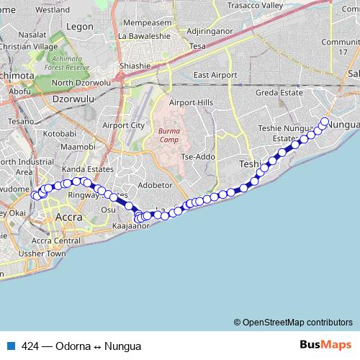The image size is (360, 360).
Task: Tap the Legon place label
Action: [80, 26]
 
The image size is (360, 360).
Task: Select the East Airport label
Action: [215, 75]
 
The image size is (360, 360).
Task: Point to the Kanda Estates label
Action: [84, 169]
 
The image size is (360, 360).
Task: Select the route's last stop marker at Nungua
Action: [325, 122]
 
